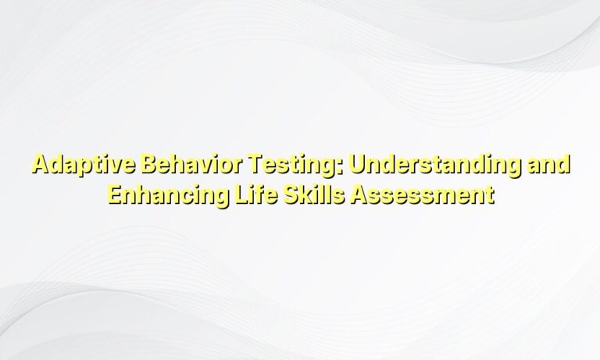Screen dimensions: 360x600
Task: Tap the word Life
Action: (245, 191)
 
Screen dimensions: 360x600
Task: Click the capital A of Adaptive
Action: (38, 166)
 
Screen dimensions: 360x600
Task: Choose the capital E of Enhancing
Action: (113, 191)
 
